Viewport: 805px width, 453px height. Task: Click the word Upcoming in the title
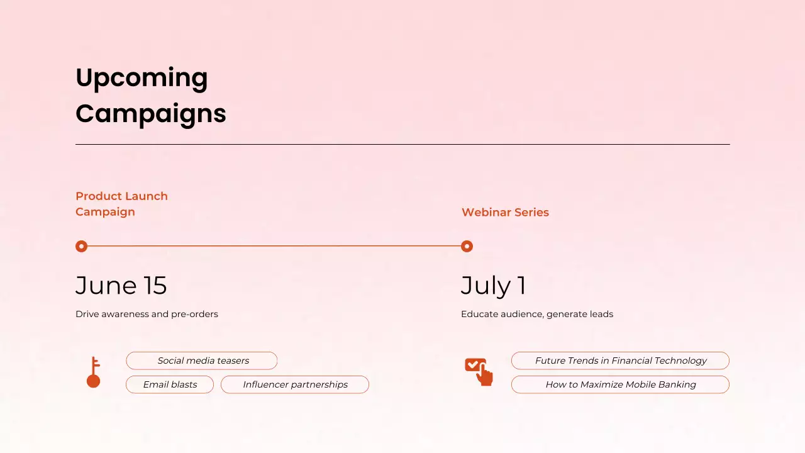[142, 78]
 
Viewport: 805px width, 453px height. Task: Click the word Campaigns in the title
[150, 114]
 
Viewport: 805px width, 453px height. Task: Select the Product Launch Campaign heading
[121, 204]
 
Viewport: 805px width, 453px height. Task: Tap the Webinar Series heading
[505, 213]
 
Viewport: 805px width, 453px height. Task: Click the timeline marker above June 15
[81, 246]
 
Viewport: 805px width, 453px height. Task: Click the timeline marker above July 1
[467, 246]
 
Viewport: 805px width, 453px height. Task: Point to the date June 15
[121, 286]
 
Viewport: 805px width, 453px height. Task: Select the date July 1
[494, 286]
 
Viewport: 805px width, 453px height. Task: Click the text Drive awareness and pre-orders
[147, 314]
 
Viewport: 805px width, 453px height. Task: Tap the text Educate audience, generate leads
[536, 314]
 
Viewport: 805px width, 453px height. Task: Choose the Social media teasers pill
[202, 361]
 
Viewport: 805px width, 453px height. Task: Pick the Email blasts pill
[170, 384]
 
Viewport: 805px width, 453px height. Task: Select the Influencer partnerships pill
[295, 384]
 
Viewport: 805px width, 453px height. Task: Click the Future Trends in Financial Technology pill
[620, 361]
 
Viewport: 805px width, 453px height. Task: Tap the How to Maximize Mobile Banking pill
[620, 384]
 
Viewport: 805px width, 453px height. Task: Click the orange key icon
[94, 372]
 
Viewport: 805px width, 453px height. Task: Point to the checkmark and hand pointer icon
[479, 371]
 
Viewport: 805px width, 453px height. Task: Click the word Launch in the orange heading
[145, 196]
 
